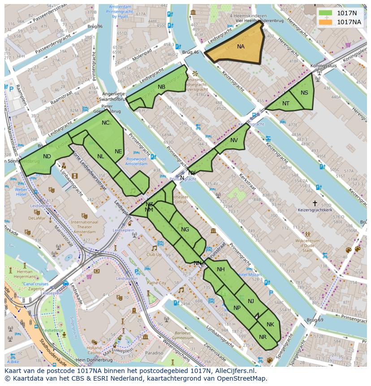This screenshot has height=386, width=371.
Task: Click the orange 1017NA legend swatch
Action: [x=326, y=22]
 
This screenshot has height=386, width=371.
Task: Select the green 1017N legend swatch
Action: [x=326, y=13]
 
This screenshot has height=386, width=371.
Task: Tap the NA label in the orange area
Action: [x=241, y=47]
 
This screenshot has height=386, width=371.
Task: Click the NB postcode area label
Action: [x=161, y=87]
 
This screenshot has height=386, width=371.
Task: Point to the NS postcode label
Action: [x=304, y=93]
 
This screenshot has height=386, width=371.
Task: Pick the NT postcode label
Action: [x=286, y=104]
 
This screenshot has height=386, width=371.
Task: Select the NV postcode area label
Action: [x=234, y=140]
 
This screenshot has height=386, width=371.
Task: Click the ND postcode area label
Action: [x=47, y=156]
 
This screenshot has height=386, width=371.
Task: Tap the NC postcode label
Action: [x=105, y=123]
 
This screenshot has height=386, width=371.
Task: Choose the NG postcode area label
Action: [x=185, y=230]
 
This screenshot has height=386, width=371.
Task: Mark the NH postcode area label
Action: [x=220, y=269]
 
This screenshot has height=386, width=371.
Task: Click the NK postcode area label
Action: [x=270, y=325]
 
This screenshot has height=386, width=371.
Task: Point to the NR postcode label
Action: [x=263, y=337]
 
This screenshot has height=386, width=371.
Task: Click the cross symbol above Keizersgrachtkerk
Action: [x=315, y=203]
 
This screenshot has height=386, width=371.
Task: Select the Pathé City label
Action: [x=156, y=283]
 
